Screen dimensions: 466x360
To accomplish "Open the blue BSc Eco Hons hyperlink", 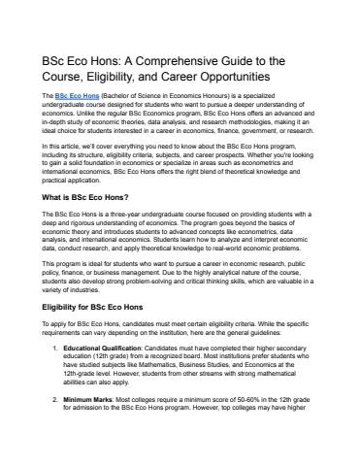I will pos(78,99).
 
